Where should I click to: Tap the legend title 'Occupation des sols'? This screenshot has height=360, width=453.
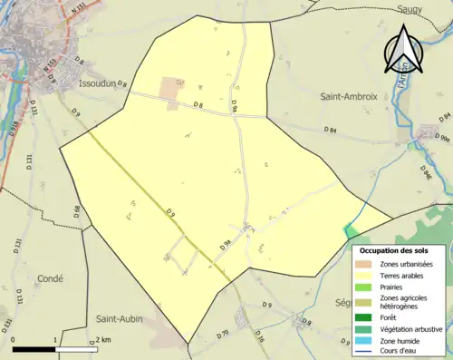tap(400, 249)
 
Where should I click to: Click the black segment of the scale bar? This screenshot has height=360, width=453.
tap(34, 349)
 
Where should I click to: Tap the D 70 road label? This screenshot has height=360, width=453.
tap(224, 334)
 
